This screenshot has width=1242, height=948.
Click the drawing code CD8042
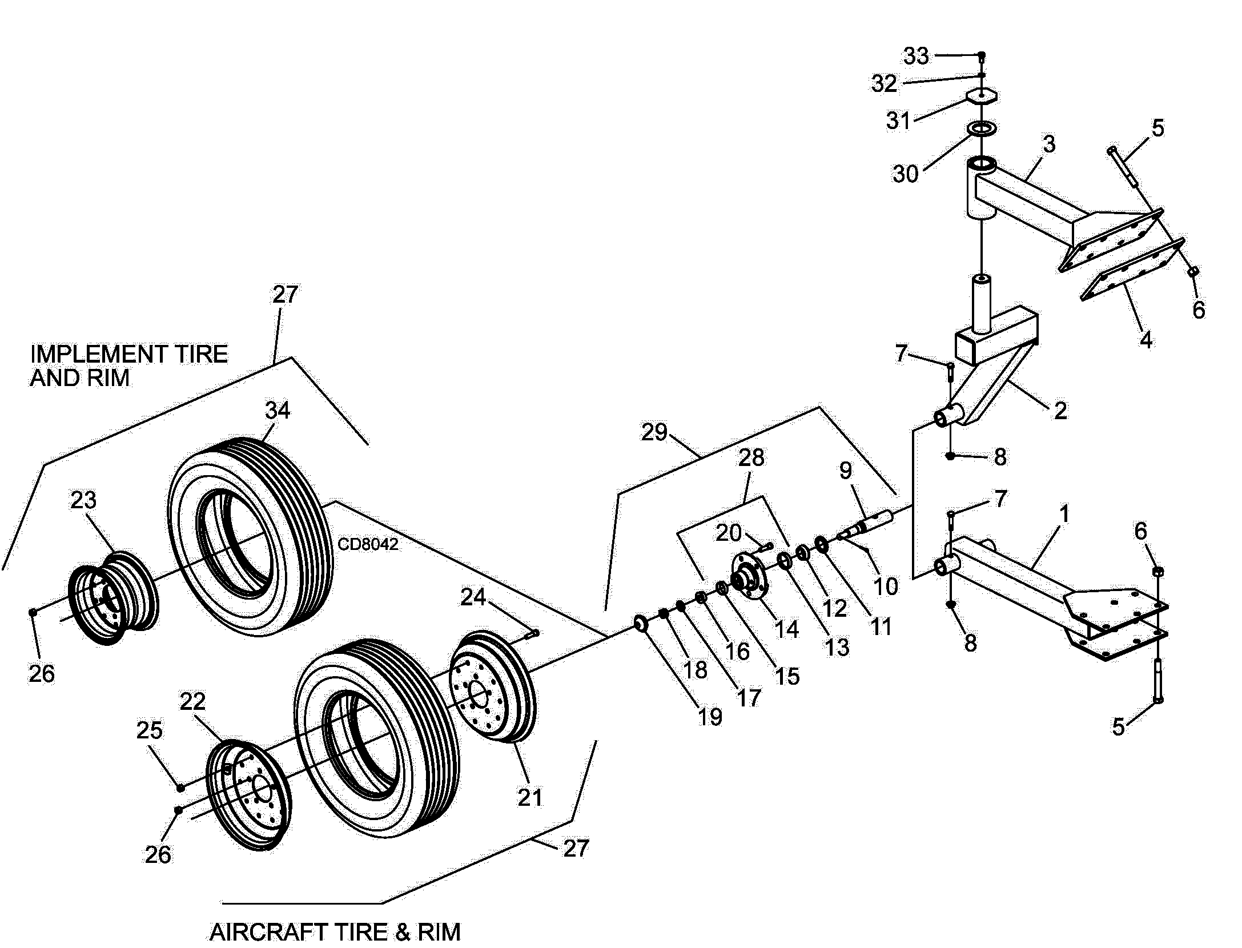click(x=368, y=544)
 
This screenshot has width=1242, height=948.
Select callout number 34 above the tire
click(x=278, y=411)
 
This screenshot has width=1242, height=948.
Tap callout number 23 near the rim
click(x=83, y=500)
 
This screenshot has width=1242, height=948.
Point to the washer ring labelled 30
click(x=982, y=128)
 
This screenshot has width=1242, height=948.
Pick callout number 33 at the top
click(x=916, y=56)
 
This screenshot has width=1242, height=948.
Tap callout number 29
click(x=654, y=432)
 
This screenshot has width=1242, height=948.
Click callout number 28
click(x=751, y=457)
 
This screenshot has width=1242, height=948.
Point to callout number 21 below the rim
click(x=530, y=797)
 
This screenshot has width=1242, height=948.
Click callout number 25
click(x=149, y=730)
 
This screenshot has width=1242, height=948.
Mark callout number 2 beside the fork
click(x=1060, y=411)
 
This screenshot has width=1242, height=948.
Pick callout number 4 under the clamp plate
click(x=1145, y=340)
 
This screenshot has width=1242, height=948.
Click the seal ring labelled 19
click(x=640, y=624)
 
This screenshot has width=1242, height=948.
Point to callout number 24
click(x=473, y=597)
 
